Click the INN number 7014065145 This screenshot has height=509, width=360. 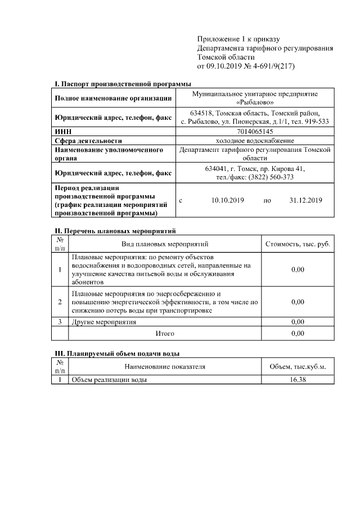[254, 130]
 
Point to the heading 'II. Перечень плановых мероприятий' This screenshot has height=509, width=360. [115, 231]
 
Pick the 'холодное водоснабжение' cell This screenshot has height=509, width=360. [254, 140]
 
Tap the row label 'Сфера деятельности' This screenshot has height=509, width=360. [88, 141]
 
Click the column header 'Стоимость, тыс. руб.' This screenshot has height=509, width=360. [298, 244]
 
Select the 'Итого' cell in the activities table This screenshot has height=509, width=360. [165, 334]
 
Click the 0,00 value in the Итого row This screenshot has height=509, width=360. [298, 334]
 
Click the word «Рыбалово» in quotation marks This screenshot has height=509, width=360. [255, 102]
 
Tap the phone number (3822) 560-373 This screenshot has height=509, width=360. [273, 177]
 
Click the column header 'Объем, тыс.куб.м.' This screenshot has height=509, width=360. [298, 367]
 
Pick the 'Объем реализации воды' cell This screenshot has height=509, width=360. [109, 380]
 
